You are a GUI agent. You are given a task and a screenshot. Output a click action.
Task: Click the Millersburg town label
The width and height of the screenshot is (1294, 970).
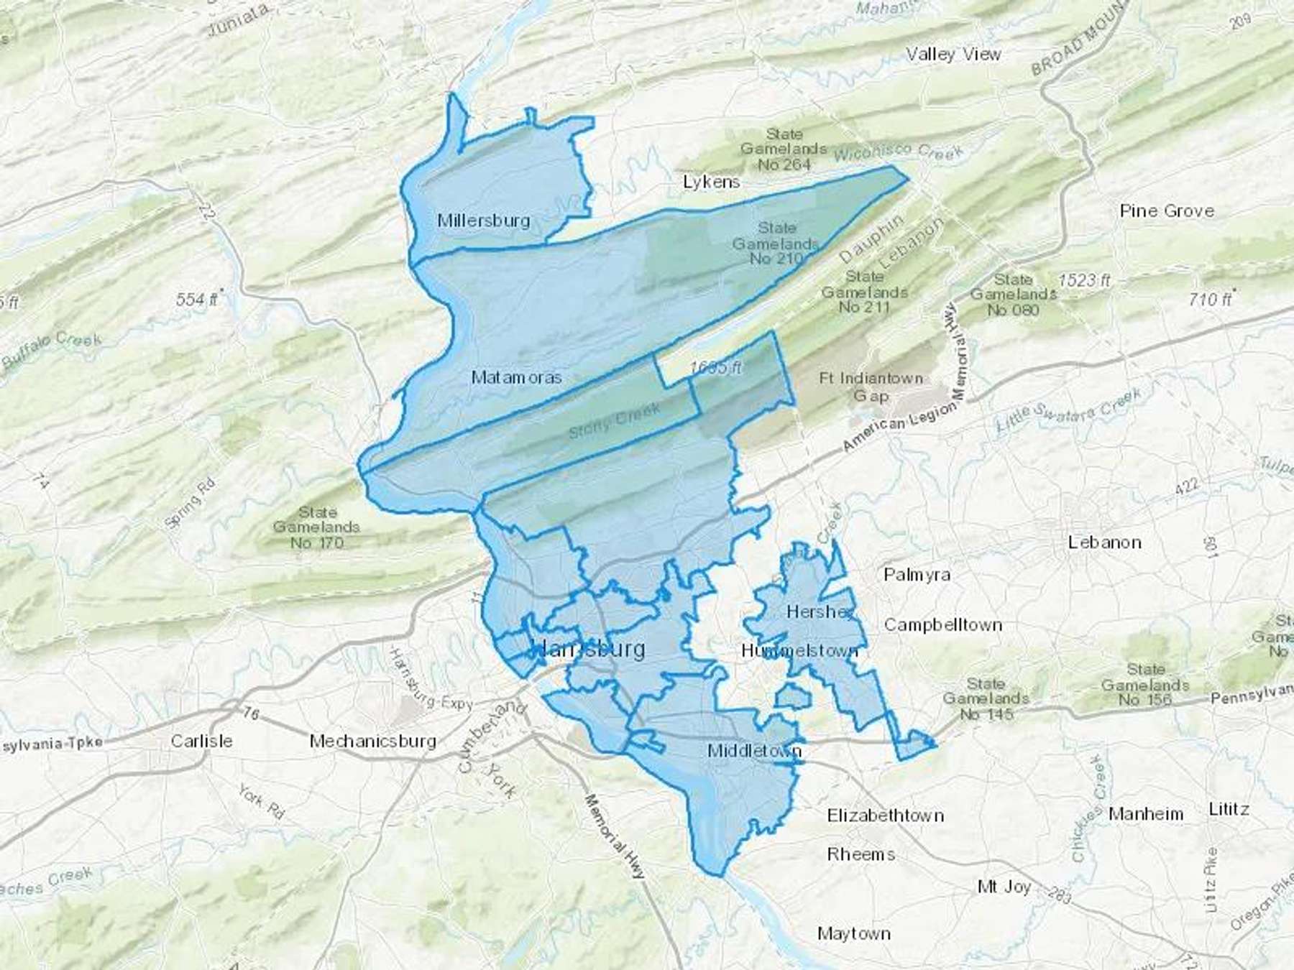(x=483, y=221)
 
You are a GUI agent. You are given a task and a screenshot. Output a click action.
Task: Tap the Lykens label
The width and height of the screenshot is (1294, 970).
(x=711, y=183)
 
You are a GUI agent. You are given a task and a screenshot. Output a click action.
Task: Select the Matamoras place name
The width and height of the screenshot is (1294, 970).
(x=516, y=377)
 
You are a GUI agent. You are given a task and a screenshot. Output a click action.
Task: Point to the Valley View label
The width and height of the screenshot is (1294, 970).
(x=953, y=55)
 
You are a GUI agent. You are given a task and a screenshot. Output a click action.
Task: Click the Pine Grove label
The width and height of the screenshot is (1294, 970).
(x=1167, y=211)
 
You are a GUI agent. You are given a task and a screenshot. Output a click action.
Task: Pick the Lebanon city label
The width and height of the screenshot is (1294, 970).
(x=1104, y=542)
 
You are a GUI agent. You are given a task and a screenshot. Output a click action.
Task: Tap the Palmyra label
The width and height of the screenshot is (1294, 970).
(x=917, y=575)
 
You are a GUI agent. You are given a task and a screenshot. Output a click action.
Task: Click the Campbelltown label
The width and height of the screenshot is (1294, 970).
(x=942, y=625)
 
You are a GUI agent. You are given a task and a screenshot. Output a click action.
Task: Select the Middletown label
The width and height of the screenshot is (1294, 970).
(x=754, y=752)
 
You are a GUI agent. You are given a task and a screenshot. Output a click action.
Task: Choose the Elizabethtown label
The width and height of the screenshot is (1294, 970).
(x=885, y=816)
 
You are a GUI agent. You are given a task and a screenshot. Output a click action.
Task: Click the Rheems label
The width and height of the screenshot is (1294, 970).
(x=861, y=854)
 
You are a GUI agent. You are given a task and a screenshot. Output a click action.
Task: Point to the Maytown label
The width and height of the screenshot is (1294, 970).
(x=854, y=934)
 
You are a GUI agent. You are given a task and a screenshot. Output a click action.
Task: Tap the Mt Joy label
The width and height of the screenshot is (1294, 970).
(x=1004, y=887)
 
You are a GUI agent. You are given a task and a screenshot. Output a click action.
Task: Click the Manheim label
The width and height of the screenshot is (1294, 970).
(x=1145, y=814)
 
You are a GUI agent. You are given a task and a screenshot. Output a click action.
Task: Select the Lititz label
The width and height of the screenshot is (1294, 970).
(x=1229, y=810)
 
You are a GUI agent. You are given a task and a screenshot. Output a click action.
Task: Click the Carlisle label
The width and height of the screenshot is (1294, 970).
(x=201, y=741)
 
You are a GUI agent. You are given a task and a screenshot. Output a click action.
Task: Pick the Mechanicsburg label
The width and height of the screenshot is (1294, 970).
(x=372, y=741)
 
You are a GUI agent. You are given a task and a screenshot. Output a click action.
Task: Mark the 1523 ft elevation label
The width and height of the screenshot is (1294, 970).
(x=1084, y=280)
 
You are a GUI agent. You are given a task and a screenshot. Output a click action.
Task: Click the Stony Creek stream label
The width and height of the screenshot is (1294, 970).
(x=614, y=422)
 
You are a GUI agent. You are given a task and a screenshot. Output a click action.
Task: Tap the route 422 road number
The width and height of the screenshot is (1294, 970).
(x=1186, y=486)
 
